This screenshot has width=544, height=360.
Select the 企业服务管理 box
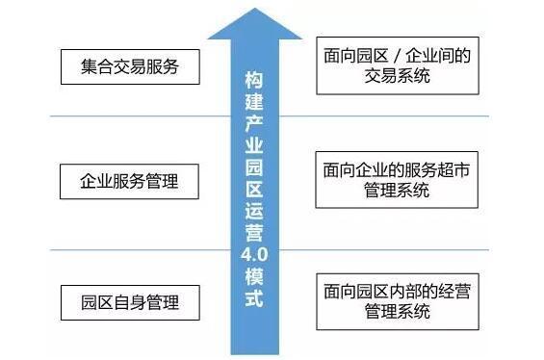(132, 180)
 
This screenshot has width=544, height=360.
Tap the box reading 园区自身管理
(132, 301)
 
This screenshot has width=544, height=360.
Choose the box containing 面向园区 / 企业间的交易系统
(397, 65)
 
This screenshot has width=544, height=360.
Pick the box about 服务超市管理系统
(397, 179)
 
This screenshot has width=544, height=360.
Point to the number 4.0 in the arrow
(252, 253)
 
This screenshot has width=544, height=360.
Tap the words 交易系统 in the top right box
(397, 77)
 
